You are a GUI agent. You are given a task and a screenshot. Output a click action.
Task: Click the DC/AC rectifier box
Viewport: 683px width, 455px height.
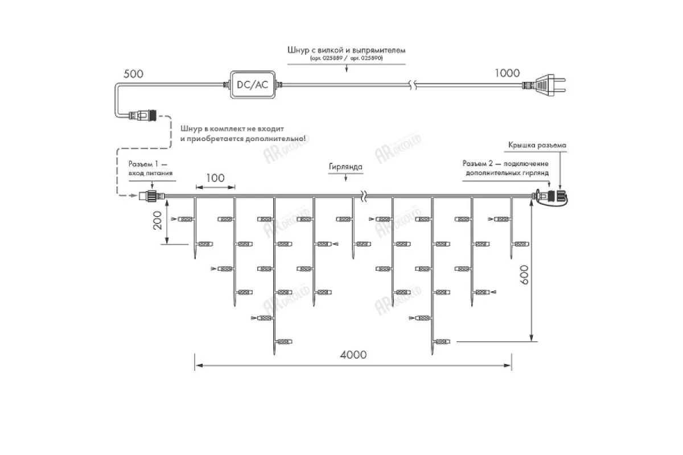[252, 85]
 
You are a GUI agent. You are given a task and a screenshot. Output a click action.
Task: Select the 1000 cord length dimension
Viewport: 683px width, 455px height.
[507, 73]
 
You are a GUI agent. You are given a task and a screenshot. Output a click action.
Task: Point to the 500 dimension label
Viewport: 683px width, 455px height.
[133, 74]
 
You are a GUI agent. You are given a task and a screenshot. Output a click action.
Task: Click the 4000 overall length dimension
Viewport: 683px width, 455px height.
[353, 354]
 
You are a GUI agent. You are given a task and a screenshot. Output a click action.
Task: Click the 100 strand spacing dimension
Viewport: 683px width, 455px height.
[215, 178]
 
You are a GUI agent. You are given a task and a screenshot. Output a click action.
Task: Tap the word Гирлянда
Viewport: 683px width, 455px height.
[345, 168]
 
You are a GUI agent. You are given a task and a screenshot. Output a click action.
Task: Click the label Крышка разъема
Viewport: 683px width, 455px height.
[537, 146]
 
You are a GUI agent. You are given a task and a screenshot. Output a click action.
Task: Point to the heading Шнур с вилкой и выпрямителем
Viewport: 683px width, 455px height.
[347, 50]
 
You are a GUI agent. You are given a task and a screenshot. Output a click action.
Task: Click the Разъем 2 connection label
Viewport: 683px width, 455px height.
[506, 168]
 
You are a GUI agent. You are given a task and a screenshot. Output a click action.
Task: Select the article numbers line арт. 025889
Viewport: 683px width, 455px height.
[347, 59]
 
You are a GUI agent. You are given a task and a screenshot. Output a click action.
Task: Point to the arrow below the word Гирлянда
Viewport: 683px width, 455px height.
[346, 178]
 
